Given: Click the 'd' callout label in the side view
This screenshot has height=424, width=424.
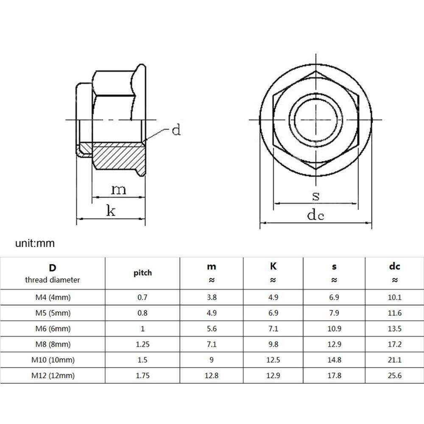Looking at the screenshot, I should (x=176, y=130).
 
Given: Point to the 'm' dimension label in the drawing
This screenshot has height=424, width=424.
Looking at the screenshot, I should (x=118, y=189).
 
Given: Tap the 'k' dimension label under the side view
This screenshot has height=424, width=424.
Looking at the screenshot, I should (x=111, y=211).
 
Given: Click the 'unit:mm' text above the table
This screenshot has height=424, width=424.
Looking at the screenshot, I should (x=35, y=243).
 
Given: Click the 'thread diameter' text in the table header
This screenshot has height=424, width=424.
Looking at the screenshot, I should (x=52, y=280).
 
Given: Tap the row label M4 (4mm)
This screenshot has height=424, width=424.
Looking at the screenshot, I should (x=52, y=297).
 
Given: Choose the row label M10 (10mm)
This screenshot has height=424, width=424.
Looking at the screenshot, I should (x=52, y=360).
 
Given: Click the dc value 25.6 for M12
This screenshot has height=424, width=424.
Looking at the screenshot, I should (x=394, y=375).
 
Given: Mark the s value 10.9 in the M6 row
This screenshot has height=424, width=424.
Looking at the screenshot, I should (x=334, y=329).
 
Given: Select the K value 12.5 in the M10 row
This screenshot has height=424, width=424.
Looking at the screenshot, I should (x=273, y=360).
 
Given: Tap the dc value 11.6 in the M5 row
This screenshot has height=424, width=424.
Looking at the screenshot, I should (x=394, y=313).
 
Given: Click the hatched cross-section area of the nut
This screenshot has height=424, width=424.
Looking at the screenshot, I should (x=117, y=155).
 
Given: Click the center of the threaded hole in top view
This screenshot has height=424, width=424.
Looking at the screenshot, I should (x=315, y=120).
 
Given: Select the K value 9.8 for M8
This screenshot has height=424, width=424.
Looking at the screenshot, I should (x=273, y=344).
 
